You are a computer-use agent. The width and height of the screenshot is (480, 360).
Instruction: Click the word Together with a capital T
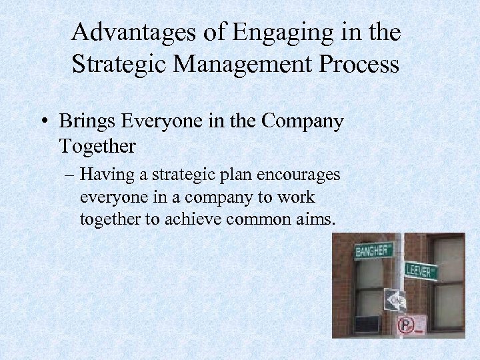click(x=97, y=145)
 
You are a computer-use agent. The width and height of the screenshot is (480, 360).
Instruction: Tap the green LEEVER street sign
click(x=421, y=271)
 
